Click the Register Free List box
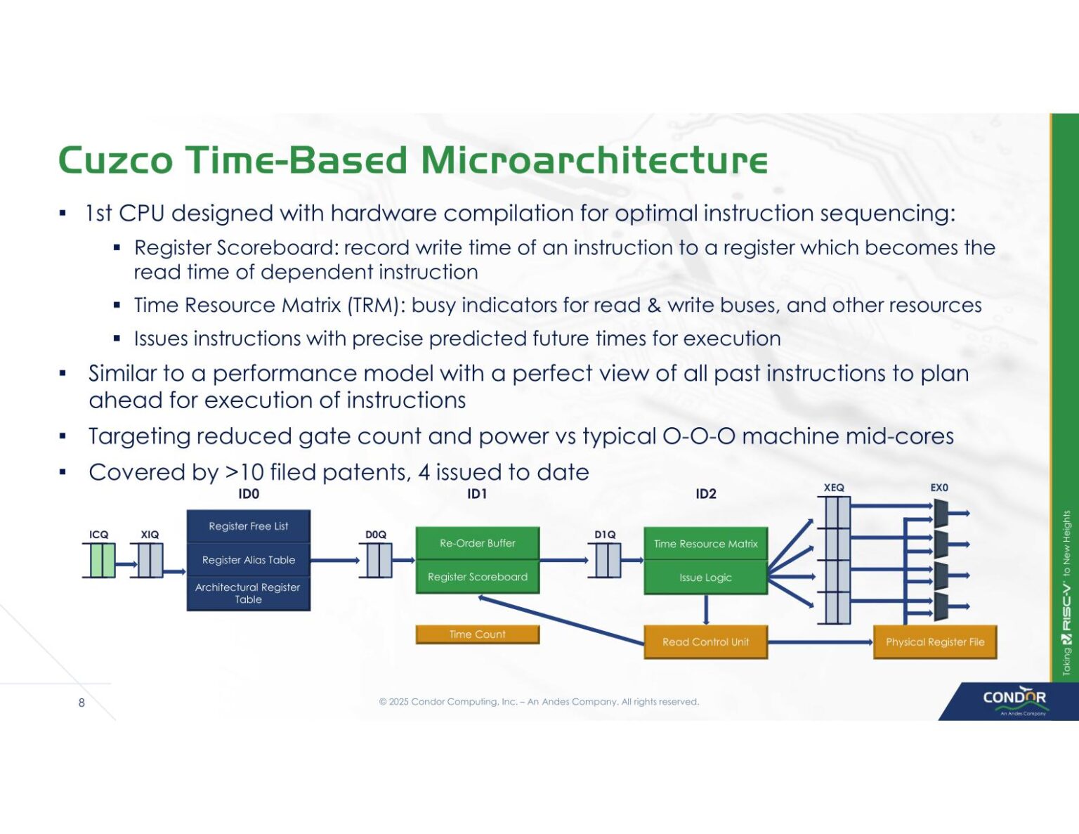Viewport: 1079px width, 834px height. (x=248, y=526)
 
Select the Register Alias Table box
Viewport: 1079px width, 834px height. (x=248, y=560)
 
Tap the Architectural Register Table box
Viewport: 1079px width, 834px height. (x=248, y=593)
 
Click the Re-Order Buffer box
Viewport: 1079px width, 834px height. (x=477, y=543)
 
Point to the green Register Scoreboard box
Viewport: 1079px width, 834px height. (x=477, y=577)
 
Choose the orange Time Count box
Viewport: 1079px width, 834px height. (x=477, y=634)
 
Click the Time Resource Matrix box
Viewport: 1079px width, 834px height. (x=705, y=544)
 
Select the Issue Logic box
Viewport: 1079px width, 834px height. (x=705, y=578)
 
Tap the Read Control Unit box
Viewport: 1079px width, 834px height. (x=705, y=642)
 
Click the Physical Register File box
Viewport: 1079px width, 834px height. (x=934, y=642)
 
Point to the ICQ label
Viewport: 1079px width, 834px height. (x=99, y=535)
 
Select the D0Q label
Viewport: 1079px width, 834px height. (x=376, y=535)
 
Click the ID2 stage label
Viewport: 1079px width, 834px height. (x=705, y=494)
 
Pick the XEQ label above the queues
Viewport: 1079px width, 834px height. (x=834, y=488)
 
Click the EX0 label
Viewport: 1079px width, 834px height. (x=939, y=488)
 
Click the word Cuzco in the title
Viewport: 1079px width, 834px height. (x=116, y=160)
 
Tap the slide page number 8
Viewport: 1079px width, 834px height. (x=81, y=703)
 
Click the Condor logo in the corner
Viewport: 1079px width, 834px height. (x=1014, y=699)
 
